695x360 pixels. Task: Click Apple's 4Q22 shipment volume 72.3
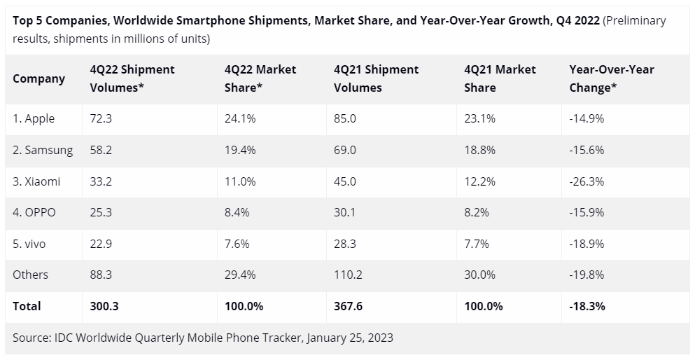[x=101, y=119]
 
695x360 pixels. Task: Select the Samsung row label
[x=42, y=151]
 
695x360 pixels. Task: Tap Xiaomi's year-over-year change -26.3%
[x=587, y=181]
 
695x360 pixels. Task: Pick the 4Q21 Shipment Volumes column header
[x=376, y=78]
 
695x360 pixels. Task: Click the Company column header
[x=38, y=78]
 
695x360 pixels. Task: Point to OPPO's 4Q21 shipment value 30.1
[x=345, y=213]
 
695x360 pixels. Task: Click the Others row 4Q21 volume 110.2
[x=348, y=275]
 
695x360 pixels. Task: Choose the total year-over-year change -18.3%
[x=587, y=306]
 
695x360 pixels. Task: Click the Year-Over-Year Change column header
[x=612, y=78]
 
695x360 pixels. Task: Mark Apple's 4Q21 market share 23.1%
[x=479, y=119]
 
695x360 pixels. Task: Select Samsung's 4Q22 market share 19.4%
[x=240, y=151]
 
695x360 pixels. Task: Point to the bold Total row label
[x=27, y=306]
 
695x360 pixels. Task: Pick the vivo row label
[x=33, y=244]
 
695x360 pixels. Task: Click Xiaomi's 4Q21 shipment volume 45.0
[x=345, y=181]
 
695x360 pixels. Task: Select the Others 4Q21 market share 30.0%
[x=480, y=275]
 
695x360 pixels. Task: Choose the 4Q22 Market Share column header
[x=260, y=78]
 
